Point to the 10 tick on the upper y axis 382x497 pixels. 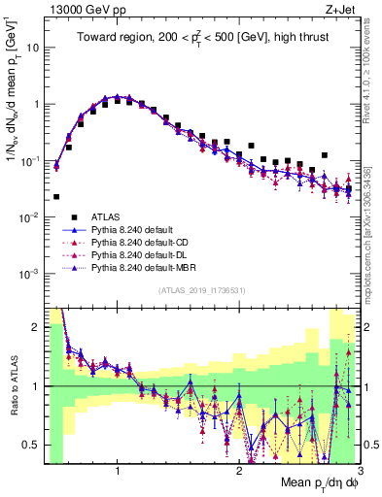point(33,47)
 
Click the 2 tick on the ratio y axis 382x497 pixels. point(34,327)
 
